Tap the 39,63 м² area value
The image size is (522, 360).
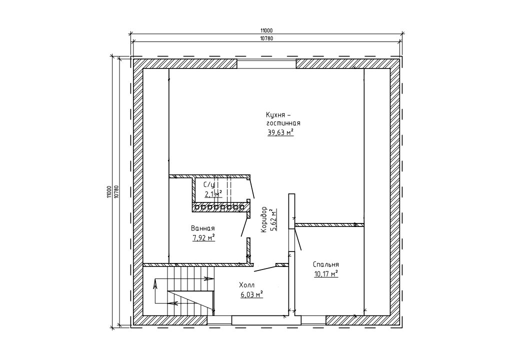pyautogui.click(x=280, y=132)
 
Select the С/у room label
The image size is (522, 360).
pyautogui.click(x=209, y=184)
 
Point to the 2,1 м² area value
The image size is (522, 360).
pyautogui.click(x=213, y=194)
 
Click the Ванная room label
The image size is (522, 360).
pyautogui.click(x=202, y=228)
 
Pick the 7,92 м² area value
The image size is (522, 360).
pyautogui.click(x=203, y=238)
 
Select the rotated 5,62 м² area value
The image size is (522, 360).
pyautogui.click(x=274, y=219)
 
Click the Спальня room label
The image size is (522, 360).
pyautogui.click(x=326, y=264)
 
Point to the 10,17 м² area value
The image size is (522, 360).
pyautogui.click(x=326, y=274)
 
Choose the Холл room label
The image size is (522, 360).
pyautogui.click(x=246, y=285)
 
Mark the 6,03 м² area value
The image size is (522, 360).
pyautogui.click(x=251, y=294)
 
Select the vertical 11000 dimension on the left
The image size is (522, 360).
pyautogui.click(x=108, y=192)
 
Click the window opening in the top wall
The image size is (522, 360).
pyautogui.click(x=266, y=64)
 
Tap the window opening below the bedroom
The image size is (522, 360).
pyautogui.click(x=313, y=320)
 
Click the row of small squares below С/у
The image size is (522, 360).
pyautogui.click(x=219, y=207)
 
